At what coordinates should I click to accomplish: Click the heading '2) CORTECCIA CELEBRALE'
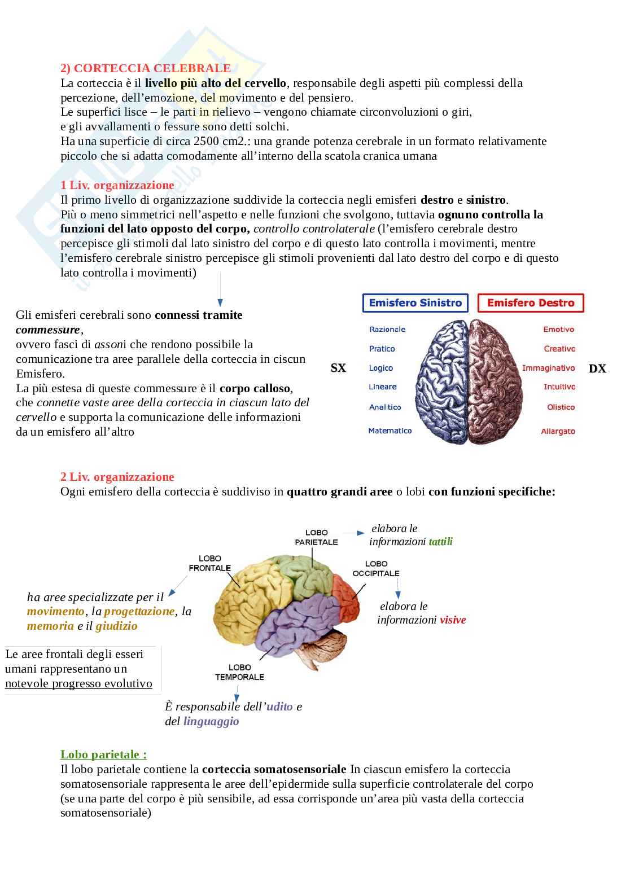click(146, 68)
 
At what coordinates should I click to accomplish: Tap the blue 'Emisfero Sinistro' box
click(415, 303)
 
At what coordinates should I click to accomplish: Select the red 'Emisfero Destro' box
click(530, 303)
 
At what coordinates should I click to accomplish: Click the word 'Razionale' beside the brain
click(387, 330)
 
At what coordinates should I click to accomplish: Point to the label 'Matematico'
click(390, 431)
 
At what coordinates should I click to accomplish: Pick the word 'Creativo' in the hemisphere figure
click(559, 349)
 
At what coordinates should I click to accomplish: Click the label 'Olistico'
click(561, 407)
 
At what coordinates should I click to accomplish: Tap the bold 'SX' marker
click(338, 368)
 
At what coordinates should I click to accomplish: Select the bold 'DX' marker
click(597, 369)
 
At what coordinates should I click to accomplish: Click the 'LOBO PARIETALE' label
click(316, 537)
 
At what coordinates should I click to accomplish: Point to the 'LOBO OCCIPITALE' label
click(376, 568)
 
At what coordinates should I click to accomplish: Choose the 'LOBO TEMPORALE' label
click(239, 672)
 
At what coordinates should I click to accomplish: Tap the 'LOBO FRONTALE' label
click(209, 563)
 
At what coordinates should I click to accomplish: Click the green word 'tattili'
click(440, 542)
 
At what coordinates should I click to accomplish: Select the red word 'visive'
click(453, 620)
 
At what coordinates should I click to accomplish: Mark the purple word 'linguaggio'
click(211, 722)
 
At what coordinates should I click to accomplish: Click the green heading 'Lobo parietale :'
click(103, 754)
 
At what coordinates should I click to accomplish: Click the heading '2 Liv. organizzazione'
click(117, 477)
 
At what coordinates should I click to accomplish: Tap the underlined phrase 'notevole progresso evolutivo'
click(78, 684)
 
